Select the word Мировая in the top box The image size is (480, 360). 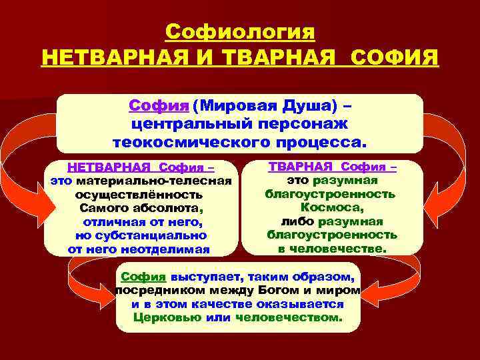[x=237, y=105]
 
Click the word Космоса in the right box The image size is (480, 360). [x=331, y=207]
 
